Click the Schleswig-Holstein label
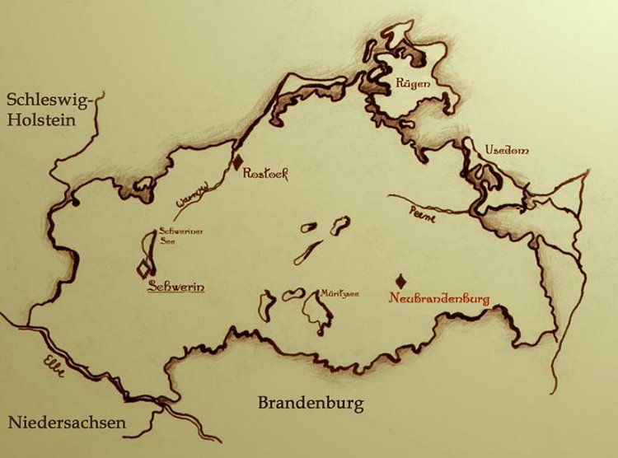(x=50, y=110)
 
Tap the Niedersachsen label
(x=68, y=423)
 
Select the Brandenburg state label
(x=311, y=404)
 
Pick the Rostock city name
(x=265, y=174)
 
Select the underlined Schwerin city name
(x=175, y=287)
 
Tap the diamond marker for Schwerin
(x=145, y=268)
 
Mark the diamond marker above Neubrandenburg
(x=401, y=280)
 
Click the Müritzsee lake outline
(x=313, y=311)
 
